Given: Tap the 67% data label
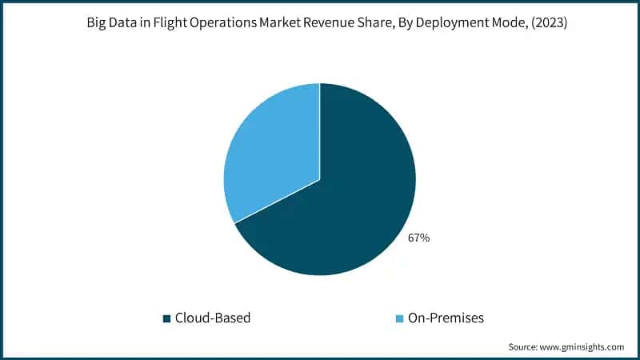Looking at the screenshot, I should (x=418, y=238).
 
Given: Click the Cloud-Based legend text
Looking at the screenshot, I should (x=213, y=318).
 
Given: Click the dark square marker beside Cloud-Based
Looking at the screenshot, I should (x=166, y=318).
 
